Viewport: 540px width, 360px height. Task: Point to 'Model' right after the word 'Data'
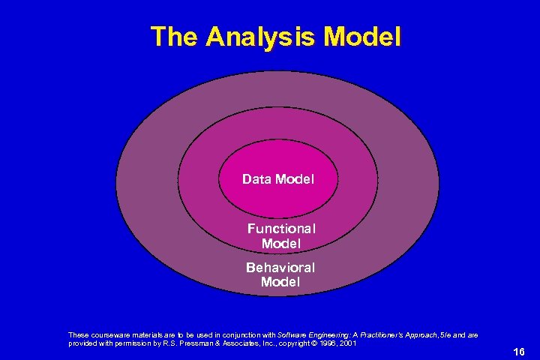(x=295, y=179)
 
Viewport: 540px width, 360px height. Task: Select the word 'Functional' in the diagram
(x=281, y=228)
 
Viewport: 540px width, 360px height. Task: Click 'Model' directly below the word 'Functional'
(x=281, y=244)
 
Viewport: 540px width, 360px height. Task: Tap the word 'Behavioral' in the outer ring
(x=280, y=267)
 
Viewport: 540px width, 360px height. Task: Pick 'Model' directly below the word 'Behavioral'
(x=280, y=282)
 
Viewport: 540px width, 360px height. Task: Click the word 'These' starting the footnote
(x=78, y=335)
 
